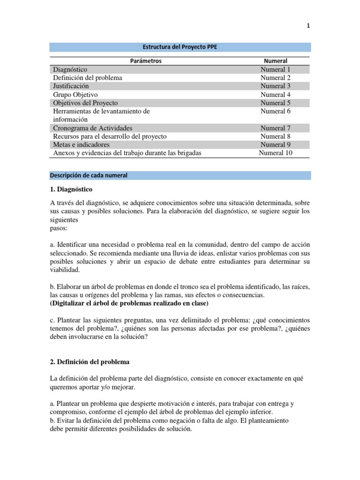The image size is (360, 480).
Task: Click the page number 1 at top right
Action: pos(308,27)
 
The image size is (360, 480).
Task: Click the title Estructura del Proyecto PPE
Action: pos(180,47)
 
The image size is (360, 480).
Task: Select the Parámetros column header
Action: pos(145,61)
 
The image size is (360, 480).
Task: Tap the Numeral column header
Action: pos(276,61)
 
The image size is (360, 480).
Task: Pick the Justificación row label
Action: pos(70,86)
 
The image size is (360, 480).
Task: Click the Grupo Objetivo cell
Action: pos(75,95)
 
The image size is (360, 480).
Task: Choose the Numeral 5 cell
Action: pos(276,103)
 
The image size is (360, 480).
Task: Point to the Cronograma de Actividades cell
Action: pos(93,128)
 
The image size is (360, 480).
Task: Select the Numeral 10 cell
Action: pos(276,153)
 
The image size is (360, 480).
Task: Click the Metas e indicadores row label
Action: pos(82,145)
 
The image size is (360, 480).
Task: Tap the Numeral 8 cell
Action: pos(276,136)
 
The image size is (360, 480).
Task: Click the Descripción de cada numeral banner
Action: pos(89,175)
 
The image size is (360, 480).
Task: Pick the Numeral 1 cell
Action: pos(276,69)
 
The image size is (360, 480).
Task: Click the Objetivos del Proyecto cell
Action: pos(85,103)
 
